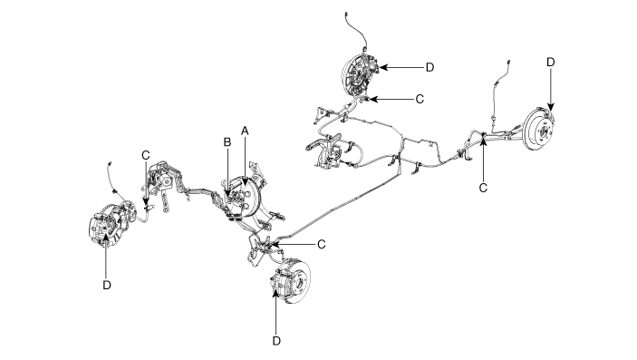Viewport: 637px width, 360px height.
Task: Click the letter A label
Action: coord(245,131)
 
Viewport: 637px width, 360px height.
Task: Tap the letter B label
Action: coord(227,142)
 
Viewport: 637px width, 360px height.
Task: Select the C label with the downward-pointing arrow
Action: coord(146,155)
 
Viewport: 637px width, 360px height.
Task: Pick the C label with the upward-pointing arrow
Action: coord(483,188)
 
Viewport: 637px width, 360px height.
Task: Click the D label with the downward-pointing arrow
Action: coord(551,63)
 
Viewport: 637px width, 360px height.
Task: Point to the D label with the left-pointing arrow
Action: coord(429,67)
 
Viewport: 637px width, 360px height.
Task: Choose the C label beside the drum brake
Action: coord(420,99)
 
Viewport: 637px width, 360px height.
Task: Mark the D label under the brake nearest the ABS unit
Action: coord(106,285)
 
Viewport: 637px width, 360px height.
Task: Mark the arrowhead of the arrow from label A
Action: coord(245,182)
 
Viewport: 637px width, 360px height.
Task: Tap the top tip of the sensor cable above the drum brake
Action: coord(346,14)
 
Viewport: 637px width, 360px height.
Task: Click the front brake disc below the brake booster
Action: coord(294,280)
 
